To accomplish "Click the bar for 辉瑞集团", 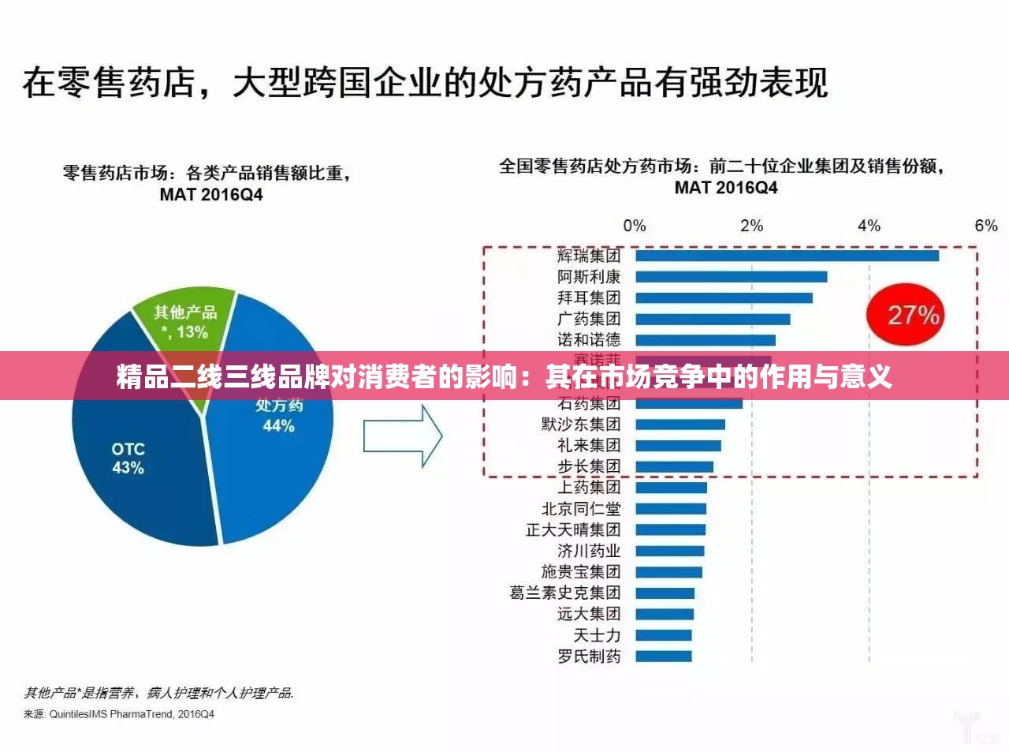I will click(x=787, y=256).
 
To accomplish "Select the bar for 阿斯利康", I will click(x=731, y=277).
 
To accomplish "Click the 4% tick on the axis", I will click(x=869, y=226).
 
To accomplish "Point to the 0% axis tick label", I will click(x=634, y=226).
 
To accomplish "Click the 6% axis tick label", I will click(x=985, y=226).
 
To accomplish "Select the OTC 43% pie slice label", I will click(x=128, y=458).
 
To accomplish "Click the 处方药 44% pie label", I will click(x=278, y=416).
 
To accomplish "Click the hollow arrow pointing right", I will click(x=402, y=436).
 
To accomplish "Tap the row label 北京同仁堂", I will click(x=581, y=509).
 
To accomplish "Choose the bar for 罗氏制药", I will click(x=663, y=657).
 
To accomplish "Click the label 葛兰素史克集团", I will click(x=565, y=593).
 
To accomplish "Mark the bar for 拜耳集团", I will click(x=724, y=298).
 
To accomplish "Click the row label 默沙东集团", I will click(x=581, y=425).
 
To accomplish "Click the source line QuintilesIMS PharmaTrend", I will click(x=119, y=714).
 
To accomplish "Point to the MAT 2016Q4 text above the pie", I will click(x=210, y=194).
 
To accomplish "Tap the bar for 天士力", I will click(x=663, y=635).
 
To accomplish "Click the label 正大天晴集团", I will click(x=573, y=529).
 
